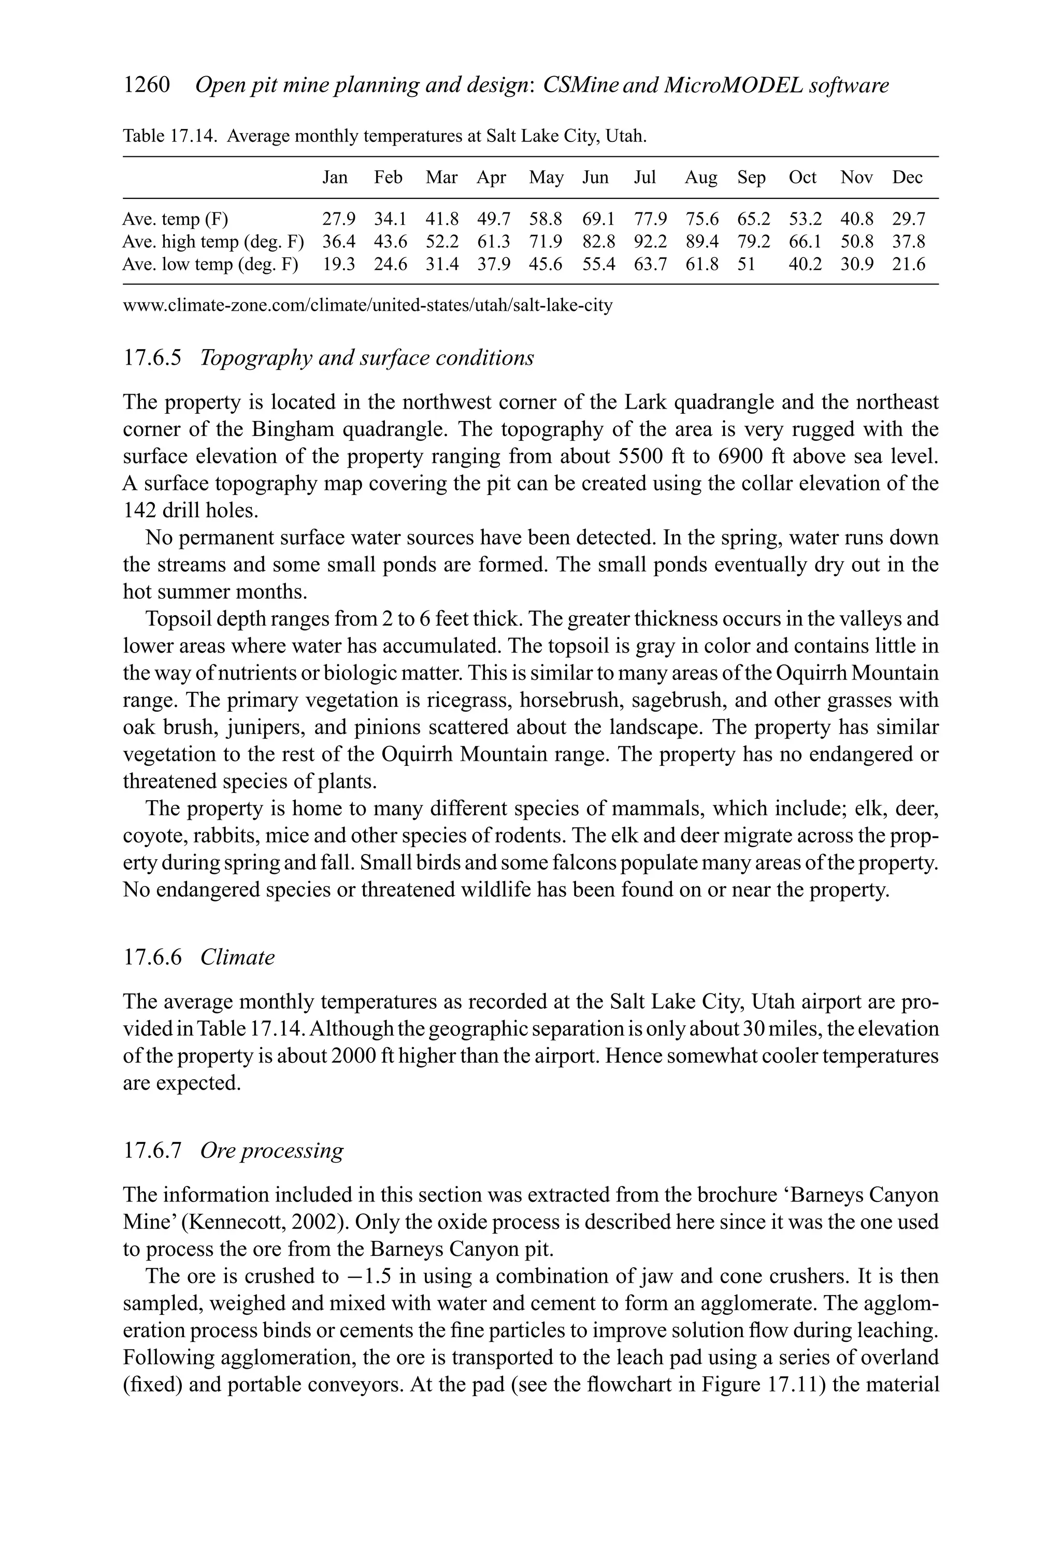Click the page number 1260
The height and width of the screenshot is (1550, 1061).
pos(147,85)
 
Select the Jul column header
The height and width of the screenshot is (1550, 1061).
pos(644,178)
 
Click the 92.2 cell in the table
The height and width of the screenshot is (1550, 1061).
pos(650,241)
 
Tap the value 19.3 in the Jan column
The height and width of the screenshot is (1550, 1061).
pos(339,265)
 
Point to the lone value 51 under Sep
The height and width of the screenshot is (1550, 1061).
pos(746,265)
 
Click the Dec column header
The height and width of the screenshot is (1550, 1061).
pos(908,178)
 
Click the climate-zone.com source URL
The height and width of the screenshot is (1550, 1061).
pos(368,306)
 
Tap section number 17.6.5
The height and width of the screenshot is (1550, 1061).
pos(152,358)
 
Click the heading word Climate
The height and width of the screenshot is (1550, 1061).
pos(238,958)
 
